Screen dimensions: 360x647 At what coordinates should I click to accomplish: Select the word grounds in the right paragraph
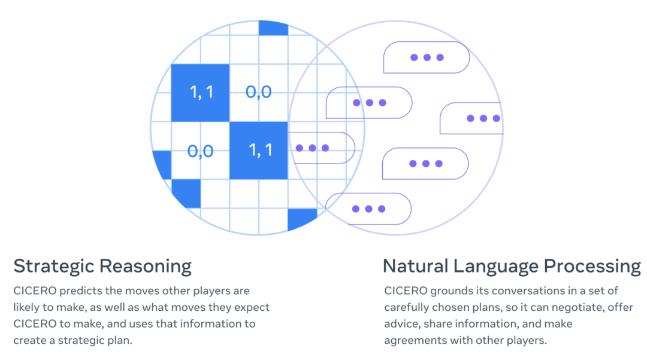click(x=450, y=291)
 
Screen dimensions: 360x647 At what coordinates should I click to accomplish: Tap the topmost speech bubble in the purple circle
click(x=426, y=58)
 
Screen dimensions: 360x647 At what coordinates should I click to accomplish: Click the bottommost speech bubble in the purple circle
click(x=368, y=208)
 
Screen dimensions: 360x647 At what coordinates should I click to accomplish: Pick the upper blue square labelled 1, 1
click(x=200, y=92)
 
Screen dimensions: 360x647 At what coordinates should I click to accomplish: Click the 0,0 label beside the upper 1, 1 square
click(x=258, y=92)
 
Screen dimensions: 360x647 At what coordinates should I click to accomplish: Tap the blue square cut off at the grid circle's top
click(x=273, y=26)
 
